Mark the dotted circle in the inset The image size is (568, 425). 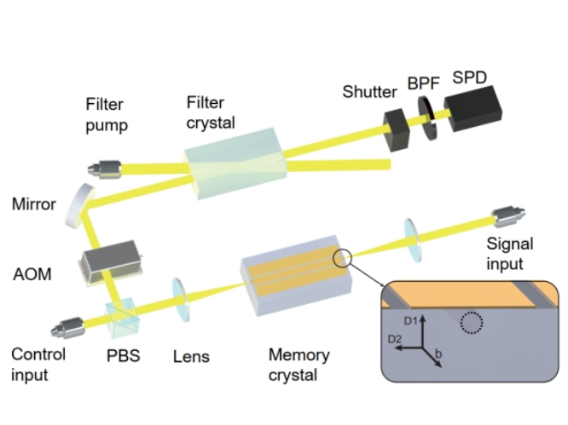pyautogui.click(x=470, y=323)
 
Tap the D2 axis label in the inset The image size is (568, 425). pyautogui.click(x=395, y=341)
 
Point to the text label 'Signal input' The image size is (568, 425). pyautogui.click(x=509, y=253)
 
